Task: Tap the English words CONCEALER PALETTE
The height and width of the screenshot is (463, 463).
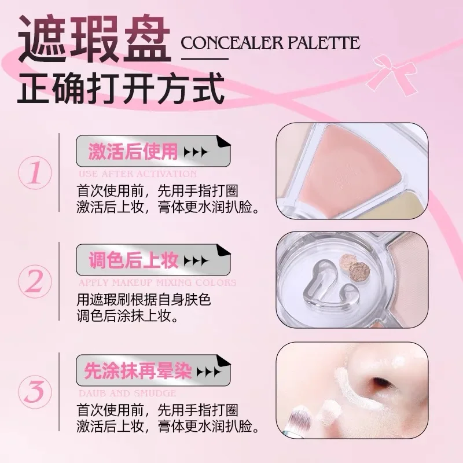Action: (270, 43)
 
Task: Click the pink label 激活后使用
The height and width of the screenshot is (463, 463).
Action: (133, 152)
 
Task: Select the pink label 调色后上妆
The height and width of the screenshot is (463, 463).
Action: (133, 261)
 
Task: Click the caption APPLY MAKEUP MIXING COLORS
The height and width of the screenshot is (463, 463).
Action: (156, 283)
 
